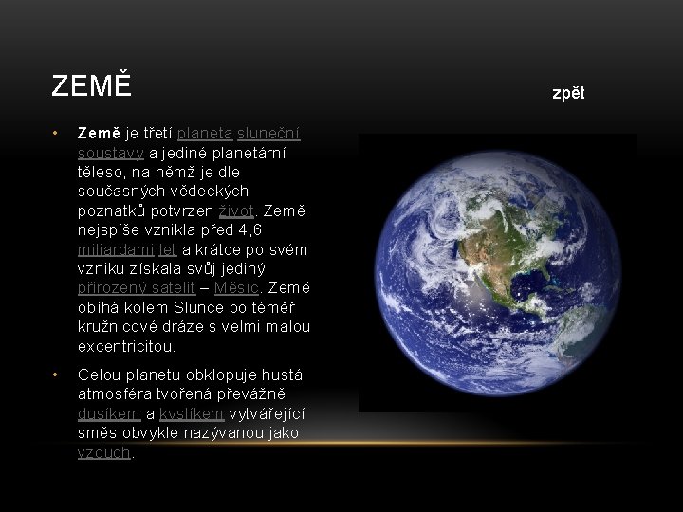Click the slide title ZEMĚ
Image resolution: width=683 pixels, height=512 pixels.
coord(90,86)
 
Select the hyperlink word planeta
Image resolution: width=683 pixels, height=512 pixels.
coord(205,133)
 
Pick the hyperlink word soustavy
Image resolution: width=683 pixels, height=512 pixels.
coord(110,153)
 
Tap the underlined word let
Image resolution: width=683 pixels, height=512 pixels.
coord(168,249)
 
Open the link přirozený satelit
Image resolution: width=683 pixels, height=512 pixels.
coord(137,288)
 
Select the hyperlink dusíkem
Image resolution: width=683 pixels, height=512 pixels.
coord(109,414)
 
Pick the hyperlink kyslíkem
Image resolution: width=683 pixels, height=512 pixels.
coord(191,414)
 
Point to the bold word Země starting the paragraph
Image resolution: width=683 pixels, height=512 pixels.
coord(99,133)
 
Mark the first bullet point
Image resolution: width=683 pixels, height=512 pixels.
coord(57,133)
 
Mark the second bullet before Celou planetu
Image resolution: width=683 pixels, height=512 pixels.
coord(57,375)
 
